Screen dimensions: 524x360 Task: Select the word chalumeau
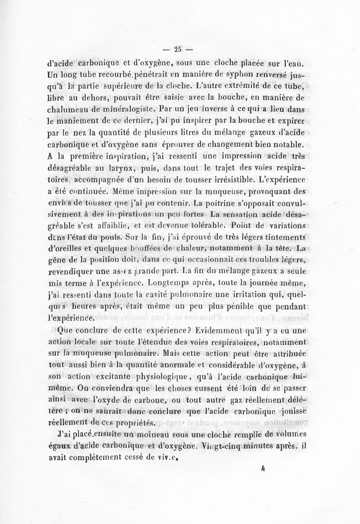[x=67, y=110]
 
